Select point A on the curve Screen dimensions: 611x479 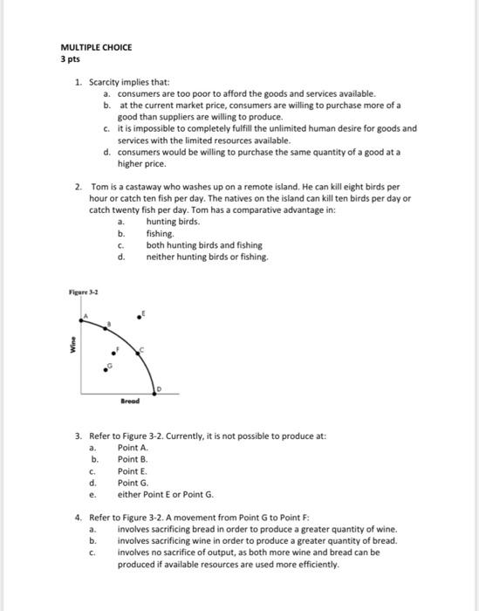(x=85, y=319)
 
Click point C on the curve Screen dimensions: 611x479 (x=138, y=351)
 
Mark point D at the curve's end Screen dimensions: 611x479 (x=155, y=388)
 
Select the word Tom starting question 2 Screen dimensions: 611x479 (x=99, y=188)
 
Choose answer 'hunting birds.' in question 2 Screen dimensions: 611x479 (x=173, y=223)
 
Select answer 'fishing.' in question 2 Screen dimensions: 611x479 (x=160, y=234)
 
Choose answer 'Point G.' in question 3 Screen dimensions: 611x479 (x=133, y=482)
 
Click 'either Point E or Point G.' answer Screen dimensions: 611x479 (x=165, y=493)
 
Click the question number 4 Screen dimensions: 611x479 (x=79, y=517)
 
